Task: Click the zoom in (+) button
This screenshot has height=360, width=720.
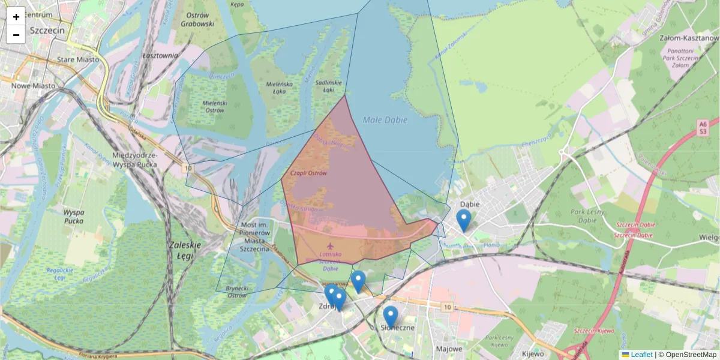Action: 16,17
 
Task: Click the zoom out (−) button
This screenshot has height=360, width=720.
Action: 16,35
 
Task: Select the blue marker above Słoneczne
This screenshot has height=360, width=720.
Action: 391,316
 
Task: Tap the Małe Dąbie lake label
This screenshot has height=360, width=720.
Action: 385,120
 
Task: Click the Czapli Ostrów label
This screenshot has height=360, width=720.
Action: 308,173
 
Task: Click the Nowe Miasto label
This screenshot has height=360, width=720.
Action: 33,86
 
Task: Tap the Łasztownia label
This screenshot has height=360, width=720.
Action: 160,55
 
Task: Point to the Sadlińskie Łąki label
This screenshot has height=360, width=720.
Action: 328,85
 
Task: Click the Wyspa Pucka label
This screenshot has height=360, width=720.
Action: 73,217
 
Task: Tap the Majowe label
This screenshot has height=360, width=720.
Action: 449,349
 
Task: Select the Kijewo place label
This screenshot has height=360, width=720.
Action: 533,353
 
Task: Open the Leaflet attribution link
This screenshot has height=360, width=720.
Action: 641,355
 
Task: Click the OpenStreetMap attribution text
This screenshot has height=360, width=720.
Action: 690,355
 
